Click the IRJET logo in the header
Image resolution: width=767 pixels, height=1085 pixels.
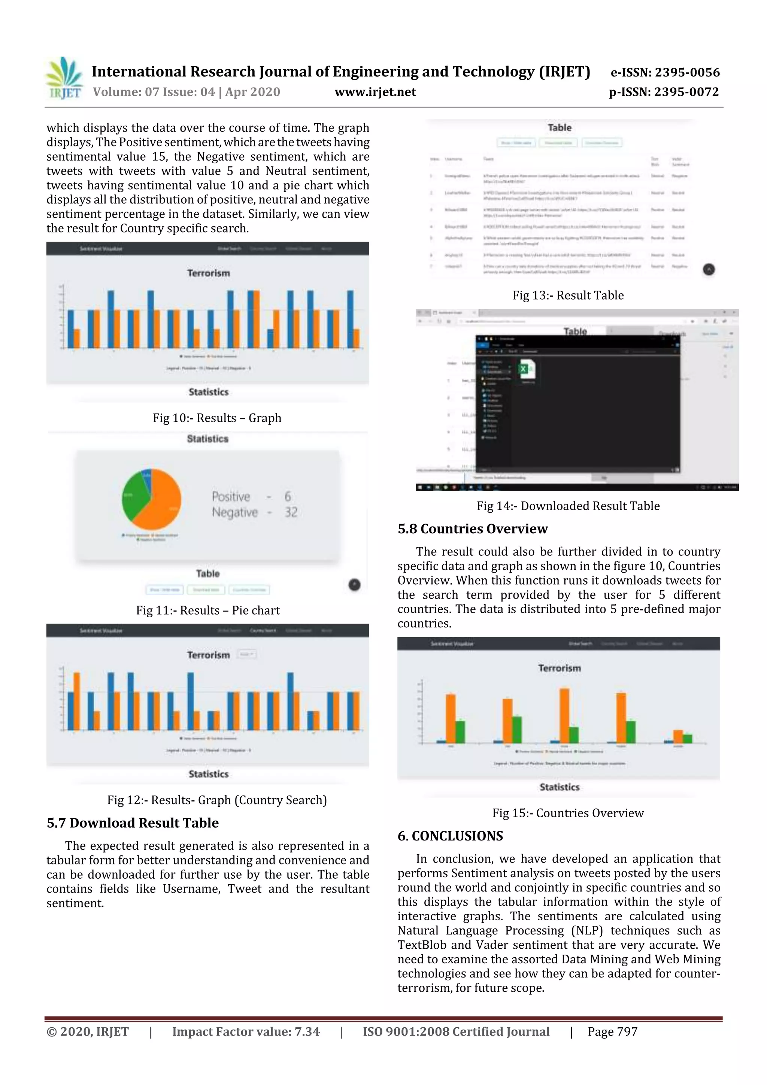tap(65, 78)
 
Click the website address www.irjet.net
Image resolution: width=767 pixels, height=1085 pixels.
tap(375, 92)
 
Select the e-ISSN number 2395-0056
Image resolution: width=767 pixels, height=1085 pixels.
tap(686, 72)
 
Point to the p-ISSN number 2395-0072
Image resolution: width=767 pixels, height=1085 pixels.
tap(686, 92)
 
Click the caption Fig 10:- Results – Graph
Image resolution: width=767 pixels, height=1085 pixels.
tap(217, 418)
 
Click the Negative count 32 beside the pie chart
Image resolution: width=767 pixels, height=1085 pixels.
tap(291, 512)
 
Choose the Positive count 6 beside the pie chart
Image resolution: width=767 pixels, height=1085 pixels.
tap(288, 496)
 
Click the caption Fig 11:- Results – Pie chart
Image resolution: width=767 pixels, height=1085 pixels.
tap(208, 610)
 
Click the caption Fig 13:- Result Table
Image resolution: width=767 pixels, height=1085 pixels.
tap(568, 296)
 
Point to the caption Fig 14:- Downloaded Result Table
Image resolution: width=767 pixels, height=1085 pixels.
tap(568, 506)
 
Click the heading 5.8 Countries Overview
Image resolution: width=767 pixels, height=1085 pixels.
tap(473, 529)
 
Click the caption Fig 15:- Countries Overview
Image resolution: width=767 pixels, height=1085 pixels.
tap(568, 813)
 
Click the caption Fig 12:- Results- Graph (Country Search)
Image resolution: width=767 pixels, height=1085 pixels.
tap(217, 800)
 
